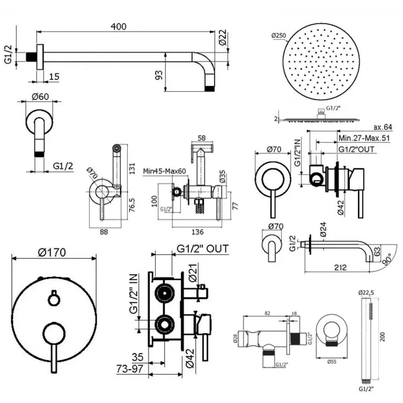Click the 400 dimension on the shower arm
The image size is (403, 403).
point(118,27)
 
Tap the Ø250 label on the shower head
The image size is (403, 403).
point(279,35)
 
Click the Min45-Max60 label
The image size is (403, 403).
point(164,171)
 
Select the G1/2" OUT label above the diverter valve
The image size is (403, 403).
point(202,248)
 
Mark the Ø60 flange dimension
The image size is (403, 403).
point(39,97)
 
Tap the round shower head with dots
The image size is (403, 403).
point(321,61)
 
